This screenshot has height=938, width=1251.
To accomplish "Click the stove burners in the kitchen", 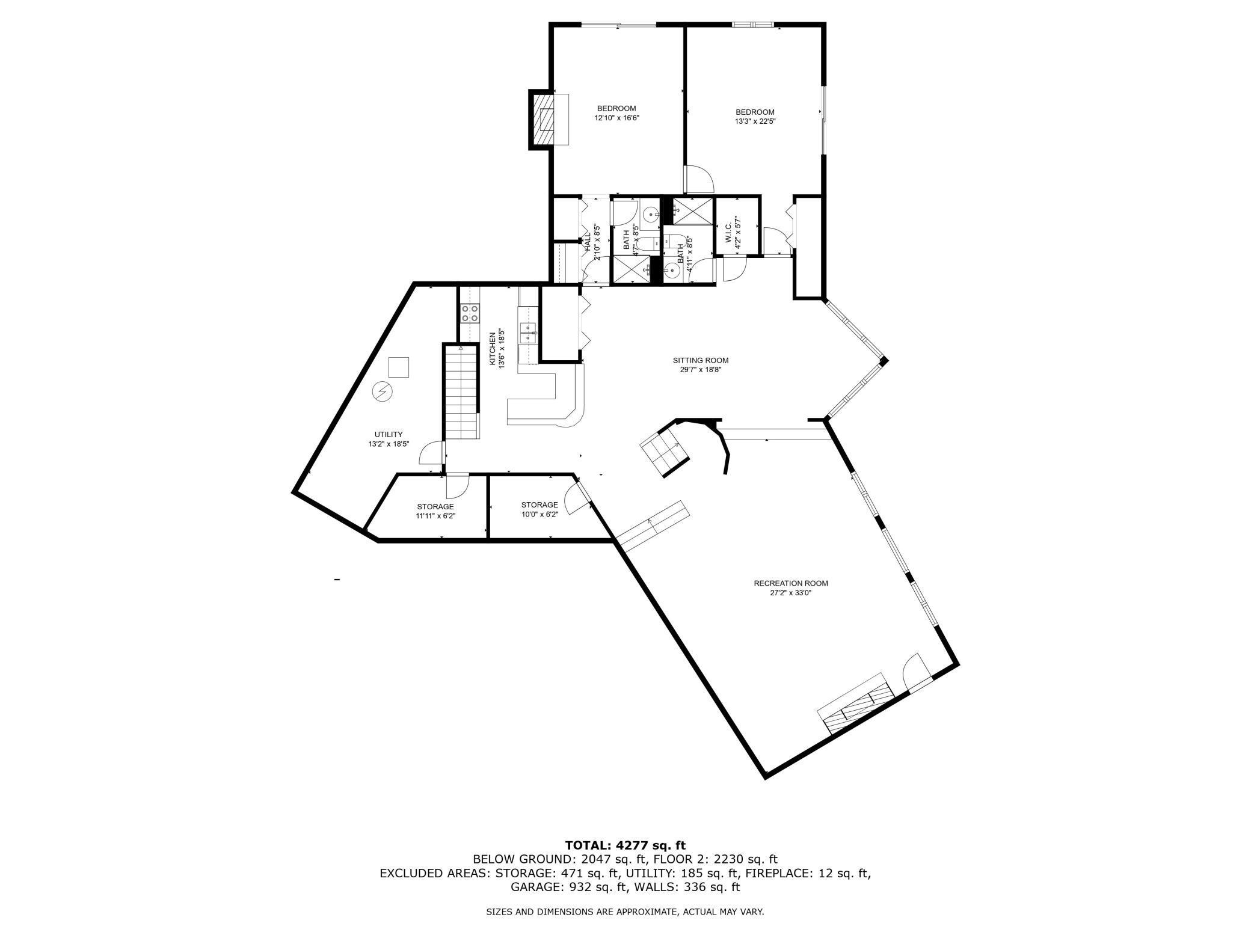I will pos(470,313).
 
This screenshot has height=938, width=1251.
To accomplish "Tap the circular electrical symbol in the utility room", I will pos(383,392).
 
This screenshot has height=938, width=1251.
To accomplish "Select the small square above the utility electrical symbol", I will pos(398,366).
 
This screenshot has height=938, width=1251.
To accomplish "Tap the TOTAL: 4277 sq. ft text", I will pos(625,845).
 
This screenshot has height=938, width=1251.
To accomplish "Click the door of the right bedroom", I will pos(699,178).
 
